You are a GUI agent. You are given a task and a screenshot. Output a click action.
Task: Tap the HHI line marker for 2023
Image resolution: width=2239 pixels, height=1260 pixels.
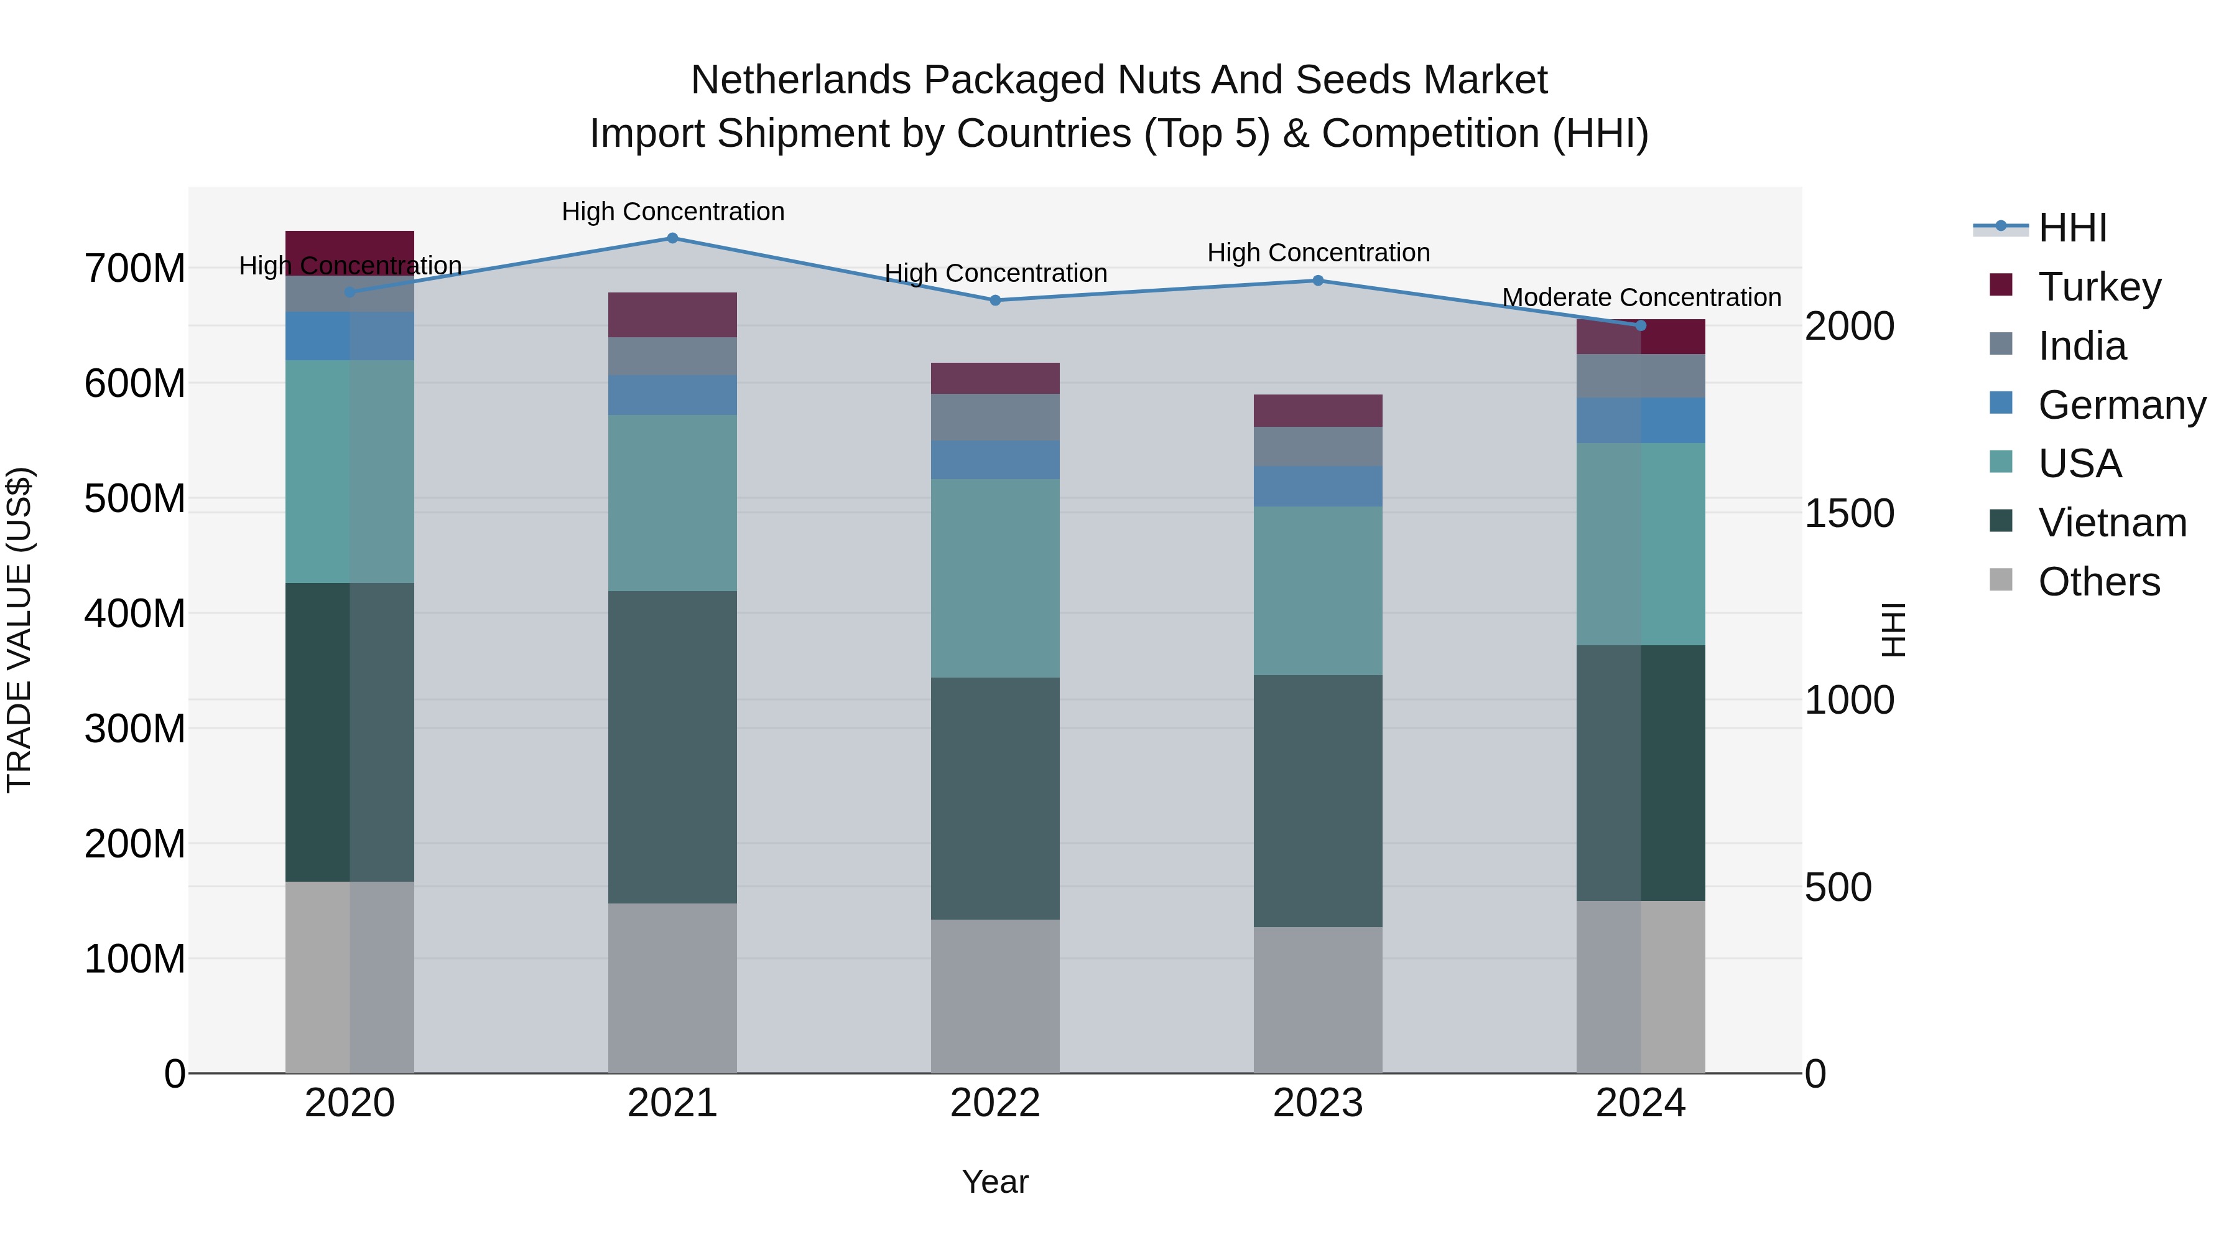point(1318,280)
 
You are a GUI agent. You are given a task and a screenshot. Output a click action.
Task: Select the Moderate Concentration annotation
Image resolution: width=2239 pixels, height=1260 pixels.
point(1641,297)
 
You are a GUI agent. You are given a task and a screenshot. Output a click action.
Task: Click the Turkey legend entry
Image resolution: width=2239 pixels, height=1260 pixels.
point(2098,287)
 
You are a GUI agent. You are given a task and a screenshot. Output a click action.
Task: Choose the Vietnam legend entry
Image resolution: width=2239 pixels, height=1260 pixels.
point(2112,523)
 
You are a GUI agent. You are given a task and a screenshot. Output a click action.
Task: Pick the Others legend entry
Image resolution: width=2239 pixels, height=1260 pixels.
point(2098,582)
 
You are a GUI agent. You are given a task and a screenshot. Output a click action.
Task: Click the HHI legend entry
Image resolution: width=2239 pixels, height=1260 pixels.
point(2072,228)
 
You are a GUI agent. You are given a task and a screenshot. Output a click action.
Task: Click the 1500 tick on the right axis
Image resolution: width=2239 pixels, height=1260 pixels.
point(1849,513)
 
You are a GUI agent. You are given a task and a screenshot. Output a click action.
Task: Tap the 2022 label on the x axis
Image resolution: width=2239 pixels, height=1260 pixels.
point(994,1103)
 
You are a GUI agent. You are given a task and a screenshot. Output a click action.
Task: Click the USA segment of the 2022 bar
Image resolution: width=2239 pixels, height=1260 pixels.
point(994,577)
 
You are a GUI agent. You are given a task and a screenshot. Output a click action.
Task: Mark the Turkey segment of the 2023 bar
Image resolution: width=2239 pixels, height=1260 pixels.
point(1318,411)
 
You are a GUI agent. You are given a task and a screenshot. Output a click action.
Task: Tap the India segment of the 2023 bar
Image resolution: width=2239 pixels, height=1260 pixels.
point(1318,446)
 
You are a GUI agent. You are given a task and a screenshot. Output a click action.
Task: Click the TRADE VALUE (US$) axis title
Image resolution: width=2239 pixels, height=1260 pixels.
point(19,630)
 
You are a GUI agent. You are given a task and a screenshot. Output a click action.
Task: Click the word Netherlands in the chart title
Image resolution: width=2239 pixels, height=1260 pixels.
point(800,80)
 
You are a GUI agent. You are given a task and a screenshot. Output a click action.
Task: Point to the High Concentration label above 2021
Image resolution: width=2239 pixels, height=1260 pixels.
point(673,212)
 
